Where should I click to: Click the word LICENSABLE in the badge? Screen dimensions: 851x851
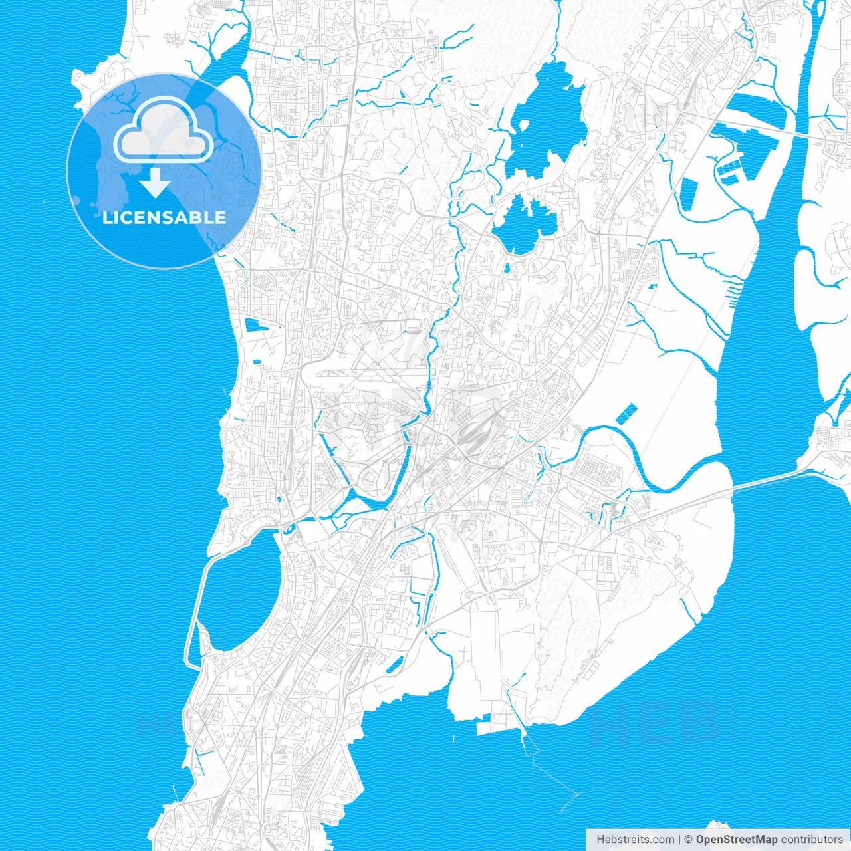point(164,217)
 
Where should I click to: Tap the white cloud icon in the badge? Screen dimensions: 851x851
point(164,131)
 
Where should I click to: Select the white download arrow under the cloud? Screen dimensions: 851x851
point(156,182)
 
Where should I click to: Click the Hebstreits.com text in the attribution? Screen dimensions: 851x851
point(635,840)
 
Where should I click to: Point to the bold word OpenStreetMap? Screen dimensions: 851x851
point(736,840)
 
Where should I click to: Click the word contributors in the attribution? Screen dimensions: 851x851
point(812,840)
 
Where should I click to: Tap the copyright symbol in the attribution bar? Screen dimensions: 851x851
point(689,840)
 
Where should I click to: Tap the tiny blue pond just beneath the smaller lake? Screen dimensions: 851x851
point(507,269)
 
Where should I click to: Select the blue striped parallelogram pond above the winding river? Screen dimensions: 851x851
point(626,414)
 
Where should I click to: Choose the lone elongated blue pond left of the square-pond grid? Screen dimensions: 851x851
point(687,193)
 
